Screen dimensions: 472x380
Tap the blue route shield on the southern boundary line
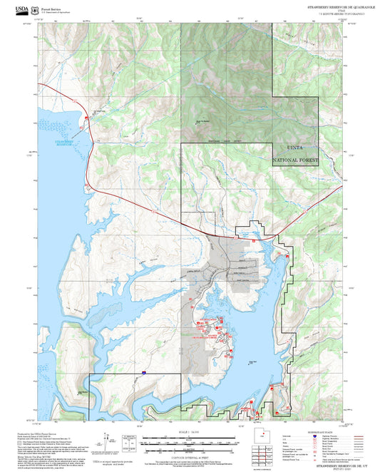pos(143,372)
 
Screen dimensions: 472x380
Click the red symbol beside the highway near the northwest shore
pos(88,117)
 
